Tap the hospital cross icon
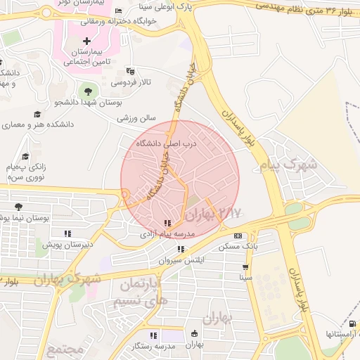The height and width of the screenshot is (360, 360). [x=86, y=41]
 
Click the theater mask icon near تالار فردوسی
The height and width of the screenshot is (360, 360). [x=129, y=71]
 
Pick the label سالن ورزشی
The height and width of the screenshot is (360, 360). [x=135, y=118]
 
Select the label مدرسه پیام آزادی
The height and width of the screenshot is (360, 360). [x=167, y=233]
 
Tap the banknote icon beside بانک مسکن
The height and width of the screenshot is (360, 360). [x=238, y=236]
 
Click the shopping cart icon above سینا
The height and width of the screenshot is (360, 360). [x=245, y=267]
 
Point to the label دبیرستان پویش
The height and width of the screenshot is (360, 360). [x=67, y=245]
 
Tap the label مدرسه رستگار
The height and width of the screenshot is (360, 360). [x=153, y=347]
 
